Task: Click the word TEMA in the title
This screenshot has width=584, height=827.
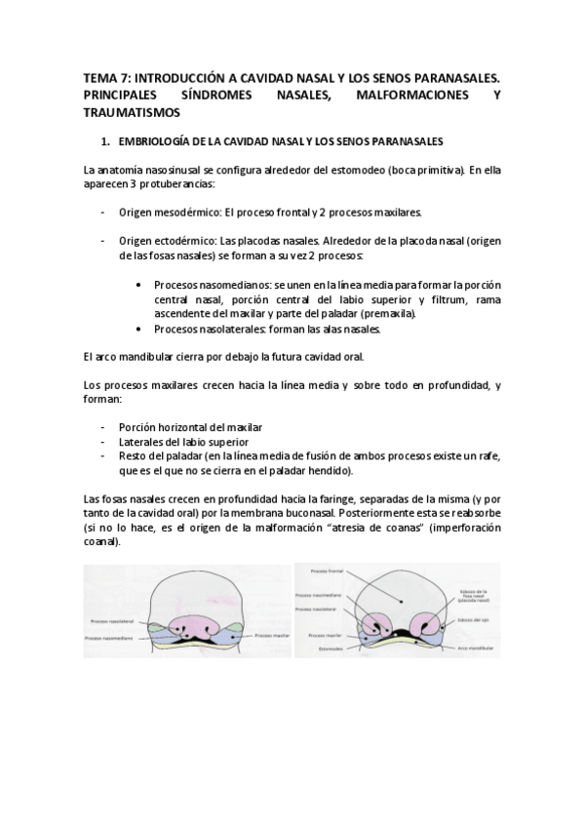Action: pyautogui.click(x=98, y=76)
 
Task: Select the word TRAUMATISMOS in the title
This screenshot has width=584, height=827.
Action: pyautogui.click(x=128, y=112)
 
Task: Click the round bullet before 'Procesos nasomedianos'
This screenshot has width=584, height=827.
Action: pyautogui.click(x=141, y=284)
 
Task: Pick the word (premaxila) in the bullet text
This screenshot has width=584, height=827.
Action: pyautogui.click(x=387, y=314)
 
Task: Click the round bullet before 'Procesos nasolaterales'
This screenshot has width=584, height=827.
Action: pyautogui.click(x=141, y=329)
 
